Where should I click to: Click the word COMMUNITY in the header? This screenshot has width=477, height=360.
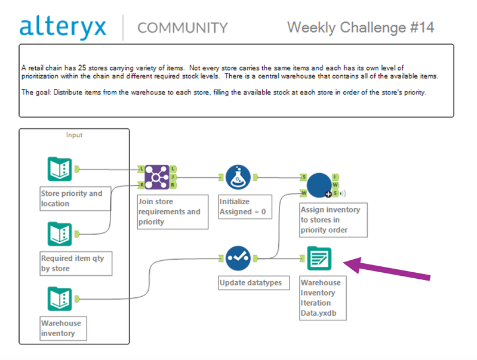182,28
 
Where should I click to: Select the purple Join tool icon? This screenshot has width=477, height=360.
156,177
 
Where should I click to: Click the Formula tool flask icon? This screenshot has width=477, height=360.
238,177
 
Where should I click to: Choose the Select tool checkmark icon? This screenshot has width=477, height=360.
238,258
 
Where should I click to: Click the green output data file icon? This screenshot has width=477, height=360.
319,258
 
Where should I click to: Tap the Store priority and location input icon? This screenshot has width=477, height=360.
60,169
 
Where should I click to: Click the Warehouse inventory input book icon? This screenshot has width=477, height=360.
60,299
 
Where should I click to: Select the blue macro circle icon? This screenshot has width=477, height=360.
319,185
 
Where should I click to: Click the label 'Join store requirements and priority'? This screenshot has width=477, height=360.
170,212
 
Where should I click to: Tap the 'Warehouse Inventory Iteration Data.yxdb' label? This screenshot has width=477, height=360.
321,298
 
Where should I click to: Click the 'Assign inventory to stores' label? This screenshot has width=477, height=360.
330,219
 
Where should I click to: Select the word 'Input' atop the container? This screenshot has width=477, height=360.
74,135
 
